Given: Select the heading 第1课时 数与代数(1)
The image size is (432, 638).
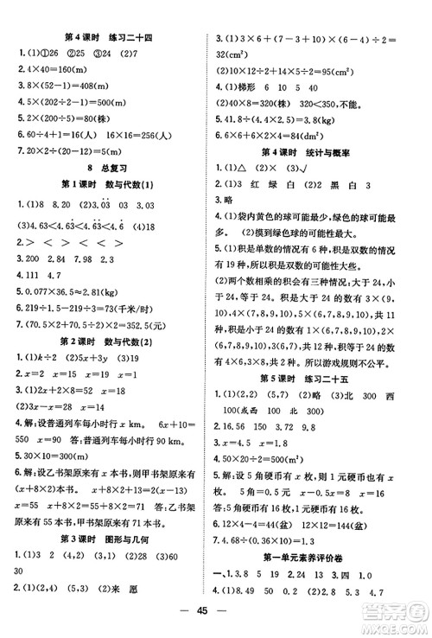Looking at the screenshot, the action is coord(105,189).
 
